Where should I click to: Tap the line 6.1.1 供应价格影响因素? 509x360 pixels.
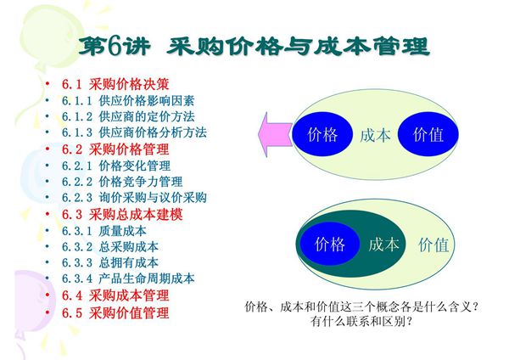[x=127, y=100]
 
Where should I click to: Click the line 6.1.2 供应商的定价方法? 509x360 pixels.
[x=127, y=116]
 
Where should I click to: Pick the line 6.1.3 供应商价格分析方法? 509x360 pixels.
[x=133, y=132]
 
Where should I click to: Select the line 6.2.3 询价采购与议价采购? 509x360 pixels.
[x=133, y=198]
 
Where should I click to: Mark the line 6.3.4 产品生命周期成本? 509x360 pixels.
[x=127, y=278]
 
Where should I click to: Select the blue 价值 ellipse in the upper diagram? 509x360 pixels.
[x=428, y=135]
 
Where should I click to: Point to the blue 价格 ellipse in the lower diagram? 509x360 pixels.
[x=330, y=245]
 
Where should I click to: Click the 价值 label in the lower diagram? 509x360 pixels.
[x=433, y=245]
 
